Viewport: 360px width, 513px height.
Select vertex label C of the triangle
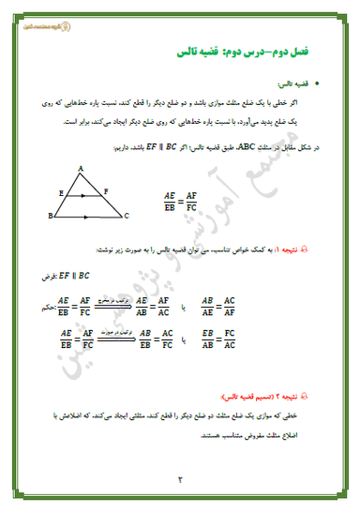tap(126, 215)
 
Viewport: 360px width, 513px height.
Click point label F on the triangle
tap(106, 190)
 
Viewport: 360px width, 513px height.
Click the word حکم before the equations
tap(50, 303)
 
